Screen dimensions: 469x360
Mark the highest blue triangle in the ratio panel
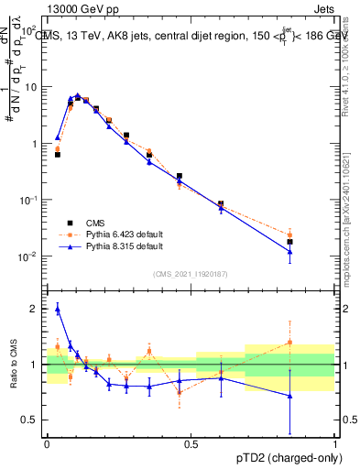(57, 310)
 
